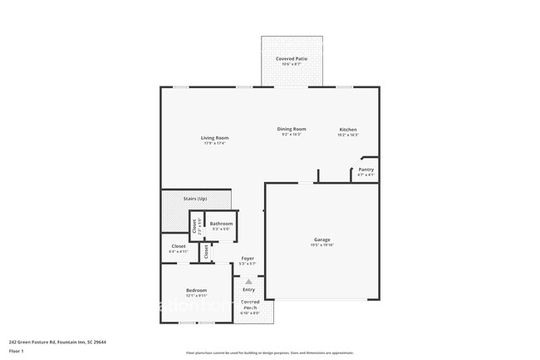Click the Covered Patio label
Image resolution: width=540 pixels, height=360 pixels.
click(x=291, y=60)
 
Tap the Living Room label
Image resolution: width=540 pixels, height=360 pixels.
click(x=214, y=138)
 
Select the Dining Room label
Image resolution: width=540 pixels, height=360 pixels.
click(x=292, y=129)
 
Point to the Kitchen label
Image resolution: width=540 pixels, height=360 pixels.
click(x=347, y=130)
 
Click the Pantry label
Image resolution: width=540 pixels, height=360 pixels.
click(x=366, y=170)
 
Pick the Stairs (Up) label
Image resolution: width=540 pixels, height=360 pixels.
click(x=195, y=198)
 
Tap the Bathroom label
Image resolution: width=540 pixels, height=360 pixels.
click(x=221, y=224)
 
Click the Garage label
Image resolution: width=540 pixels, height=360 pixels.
click(x=322, y=239)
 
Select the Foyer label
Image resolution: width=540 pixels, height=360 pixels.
click(x=248, y=259)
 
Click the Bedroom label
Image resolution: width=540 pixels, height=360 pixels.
click(x=196, y=290)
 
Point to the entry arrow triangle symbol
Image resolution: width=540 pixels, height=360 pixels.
click(x=248, y=282)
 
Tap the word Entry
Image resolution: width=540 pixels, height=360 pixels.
click(x=248, y=289)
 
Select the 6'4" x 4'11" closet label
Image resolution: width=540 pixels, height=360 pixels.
click(x=179, y=246)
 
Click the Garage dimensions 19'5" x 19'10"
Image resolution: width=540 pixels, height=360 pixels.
click(x=322, y=245)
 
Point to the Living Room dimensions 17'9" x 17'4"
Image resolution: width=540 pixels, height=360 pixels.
click(x=214, y=144)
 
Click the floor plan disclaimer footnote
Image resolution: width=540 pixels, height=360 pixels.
click(x=269, y=353)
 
